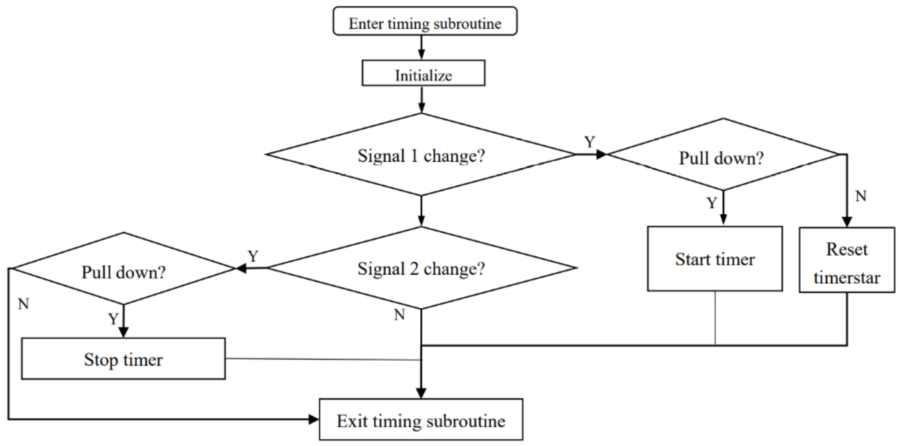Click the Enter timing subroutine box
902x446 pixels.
(x=425, y=21)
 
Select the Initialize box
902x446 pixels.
(x=423, y=73)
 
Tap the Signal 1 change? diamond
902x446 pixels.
(x=421, y=155)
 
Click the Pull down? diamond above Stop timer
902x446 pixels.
(x=123, y=269)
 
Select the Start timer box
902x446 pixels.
(x=715, y=259)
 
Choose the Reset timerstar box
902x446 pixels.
(x=847, y=260)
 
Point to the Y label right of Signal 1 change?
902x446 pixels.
(x=590, y=142)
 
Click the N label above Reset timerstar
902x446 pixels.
(x=861, y=196)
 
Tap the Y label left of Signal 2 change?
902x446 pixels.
(x=253, y=256)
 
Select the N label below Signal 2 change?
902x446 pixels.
(x=399, y=315)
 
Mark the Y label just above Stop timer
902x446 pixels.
(x=113, y=319)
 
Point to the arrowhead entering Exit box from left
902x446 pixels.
(x=313, y=419)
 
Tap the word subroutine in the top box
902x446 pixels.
(x=467, y=24)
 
